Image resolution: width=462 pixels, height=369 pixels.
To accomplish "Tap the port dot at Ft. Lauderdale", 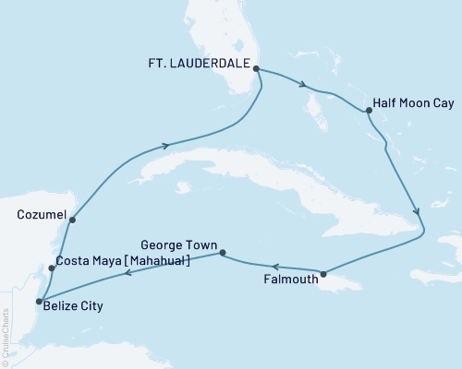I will pos(256,68).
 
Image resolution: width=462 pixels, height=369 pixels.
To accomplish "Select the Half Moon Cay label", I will pos(409,103).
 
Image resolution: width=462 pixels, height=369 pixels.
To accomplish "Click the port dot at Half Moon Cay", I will pos(369,111).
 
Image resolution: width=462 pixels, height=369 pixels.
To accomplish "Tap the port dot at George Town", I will pos(221,249).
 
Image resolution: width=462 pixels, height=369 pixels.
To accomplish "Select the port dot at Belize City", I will pos(38,301).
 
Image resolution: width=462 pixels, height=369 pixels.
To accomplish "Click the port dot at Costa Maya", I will pos(52,268).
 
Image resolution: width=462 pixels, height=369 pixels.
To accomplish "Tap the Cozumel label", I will pos(41,214).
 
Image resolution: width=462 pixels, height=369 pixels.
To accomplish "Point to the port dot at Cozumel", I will pos(71,220).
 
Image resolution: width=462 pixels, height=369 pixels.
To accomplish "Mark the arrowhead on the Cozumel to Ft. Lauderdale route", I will pos(166,145).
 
